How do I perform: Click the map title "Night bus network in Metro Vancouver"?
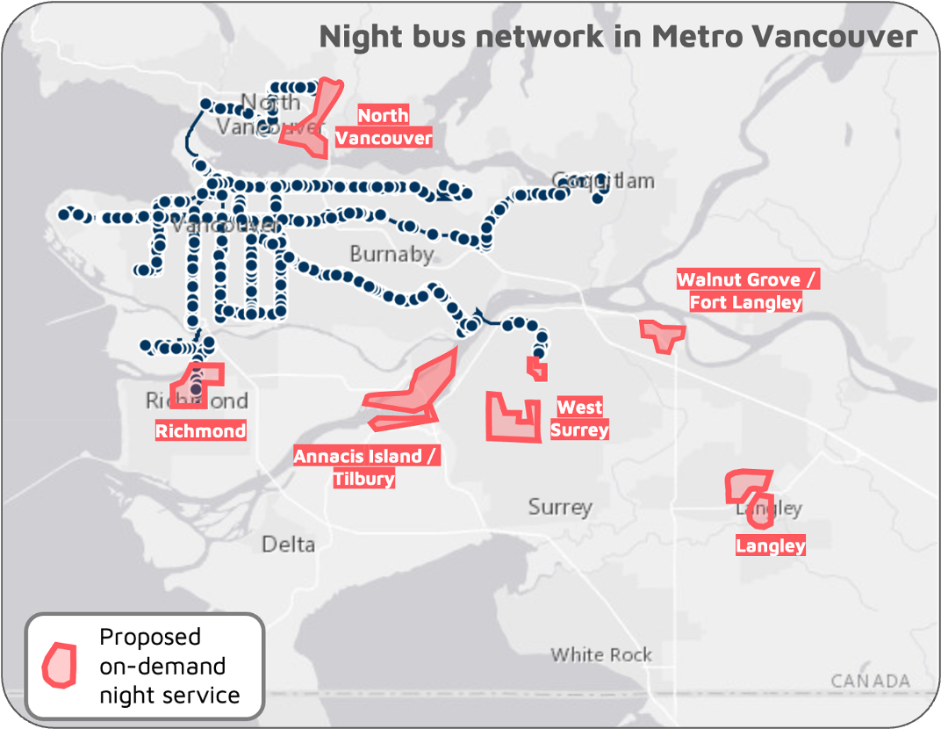coord(618,37)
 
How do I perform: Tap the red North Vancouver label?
coord(384,126)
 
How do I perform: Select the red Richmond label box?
coord(200,430)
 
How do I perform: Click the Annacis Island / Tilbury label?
coord(365,467)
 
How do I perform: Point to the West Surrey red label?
coord(579,418)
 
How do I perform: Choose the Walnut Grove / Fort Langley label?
coord(746,291)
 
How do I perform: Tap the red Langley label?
coord(770,545)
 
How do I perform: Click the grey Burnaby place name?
coord(391,254)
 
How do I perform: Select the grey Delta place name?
coord(288,544)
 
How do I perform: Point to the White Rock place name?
coord(601,654)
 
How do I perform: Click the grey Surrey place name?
coord(560,507)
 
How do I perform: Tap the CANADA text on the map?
coord(870,681)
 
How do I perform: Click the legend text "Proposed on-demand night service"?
coord(169,666)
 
